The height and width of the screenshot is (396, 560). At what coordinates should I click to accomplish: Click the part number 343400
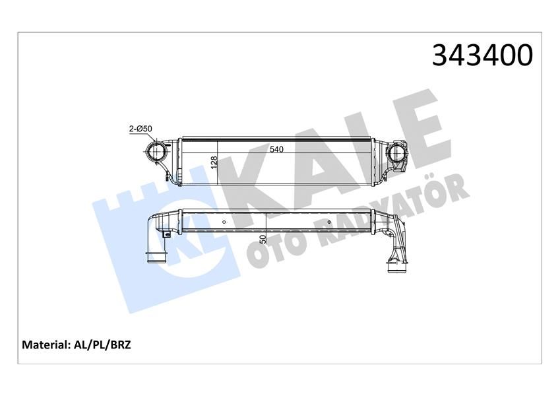point(482,56)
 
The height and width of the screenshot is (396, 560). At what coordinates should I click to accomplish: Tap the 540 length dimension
point(276,150)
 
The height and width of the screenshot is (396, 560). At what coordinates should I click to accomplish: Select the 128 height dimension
point(214,162)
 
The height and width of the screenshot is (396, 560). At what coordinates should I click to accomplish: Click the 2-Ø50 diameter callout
point(140,129)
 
